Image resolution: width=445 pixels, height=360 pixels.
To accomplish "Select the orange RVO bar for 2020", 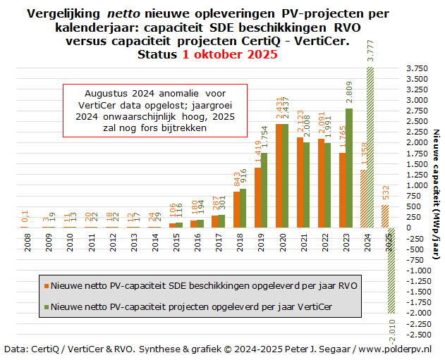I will pyautogui.click(x=279, y=175).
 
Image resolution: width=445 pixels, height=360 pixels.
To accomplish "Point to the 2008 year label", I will pyautogui.click(x=28, y=243).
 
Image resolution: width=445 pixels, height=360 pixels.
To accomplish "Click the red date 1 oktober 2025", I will pyautogui.click(x=220, y=54).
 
